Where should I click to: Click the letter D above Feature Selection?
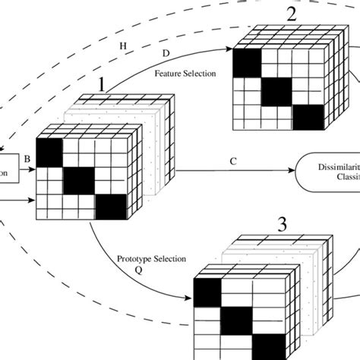pos(166,55)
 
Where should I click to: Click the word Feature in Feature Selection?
pos(169,74)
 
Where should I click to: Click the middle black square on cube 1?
pos(78,181)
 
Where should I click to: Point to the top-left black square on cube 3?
pos(207,290)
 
